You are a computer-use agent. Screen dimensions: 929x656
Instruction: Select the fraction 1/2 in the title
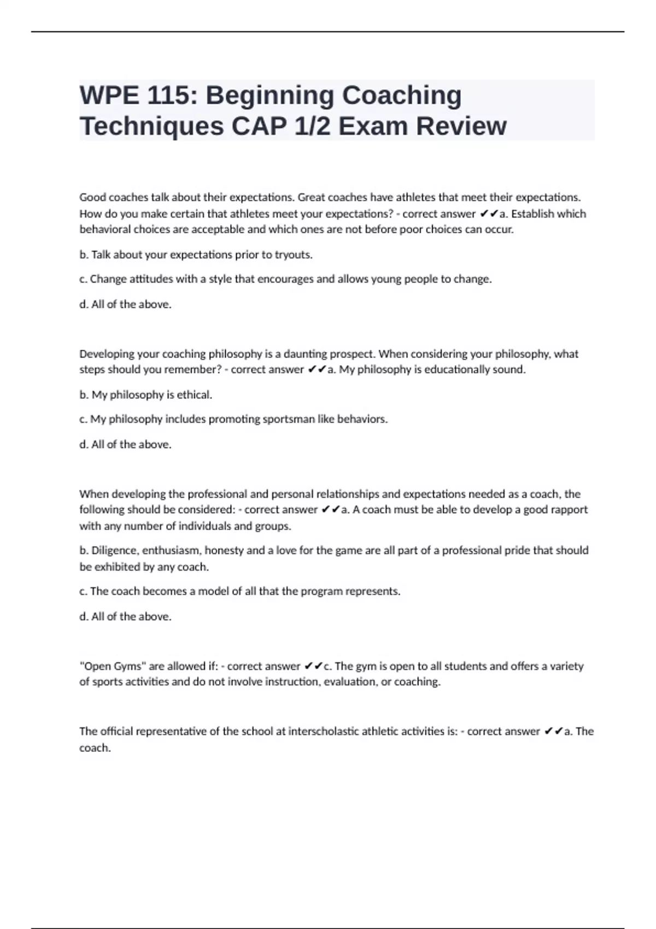pyautogui.click(x=313, y=126)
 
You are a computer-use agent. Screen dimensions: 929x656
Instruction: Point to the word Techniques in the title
pyautogui.click(x=151, y=126)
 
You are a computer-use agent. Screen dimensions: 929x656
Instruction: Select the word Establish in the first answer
pyautogui.click(x=532, y=214)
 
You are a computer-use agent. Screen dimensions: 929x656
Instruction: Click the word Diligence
pyautogui.click(x=113, y=550)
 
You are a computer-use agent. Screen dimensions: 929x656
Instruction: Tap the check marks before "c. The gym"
pyautogui.click(x=313, y=666)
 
